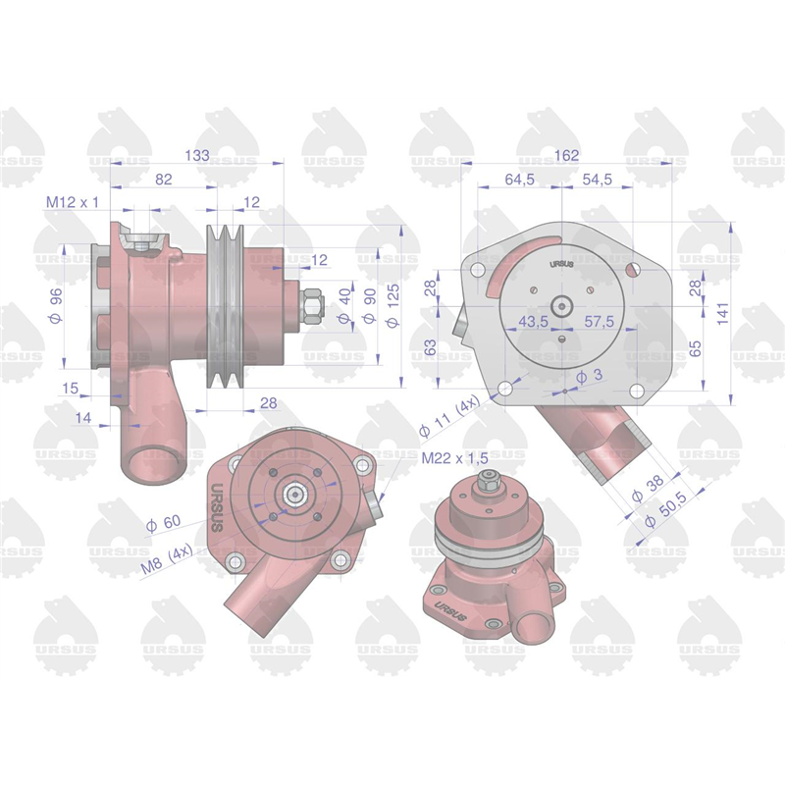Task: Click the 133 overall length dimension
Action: (197, 155)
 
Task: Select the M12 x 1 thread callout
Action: (73, 202)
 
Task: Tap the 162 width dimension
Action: (566, 155)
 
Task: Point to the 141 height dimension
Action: (722, 313)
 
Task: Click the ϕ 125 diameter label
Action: (393, 305)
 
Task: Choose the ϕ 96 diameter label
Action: (56, 305)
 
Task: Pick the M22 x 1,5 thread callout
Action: (455, 458)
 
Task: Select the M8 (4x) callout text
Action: (166, 559)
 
